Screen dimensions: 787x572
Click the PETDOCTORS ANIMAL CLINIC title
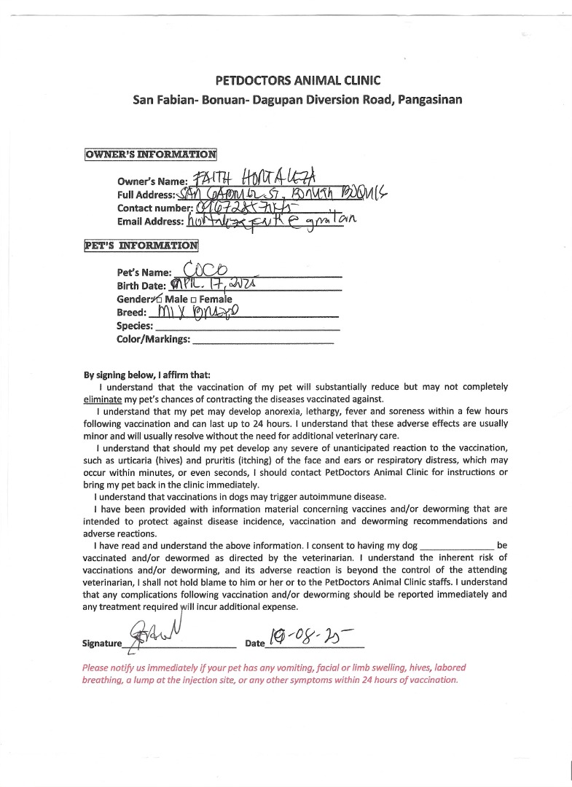(x=298, y=80)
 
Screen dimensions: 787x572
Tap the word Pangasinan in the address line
(x=429, y=99)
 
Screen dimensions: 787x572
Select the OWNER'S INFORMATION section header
(x=151, y=154)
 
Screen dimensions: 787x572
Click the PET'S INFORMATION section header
(x=141, y=246)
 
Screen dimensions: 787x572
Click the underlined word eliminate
(x=102, y=400)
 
